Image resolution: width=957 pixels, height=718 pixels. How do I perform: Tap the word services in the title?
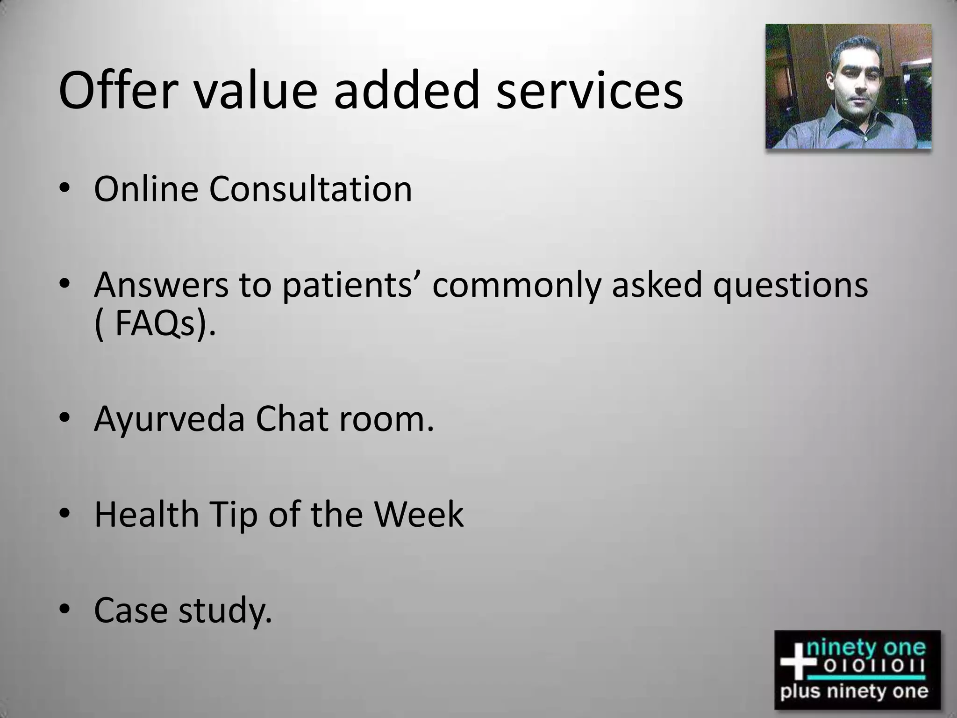[x=589, y=91]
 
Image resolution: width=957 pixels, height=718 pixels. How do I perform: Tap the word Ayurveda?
[x=169, y=420]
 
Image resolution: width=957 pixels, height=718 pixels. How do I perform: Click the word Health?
[x=147, y=515]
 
